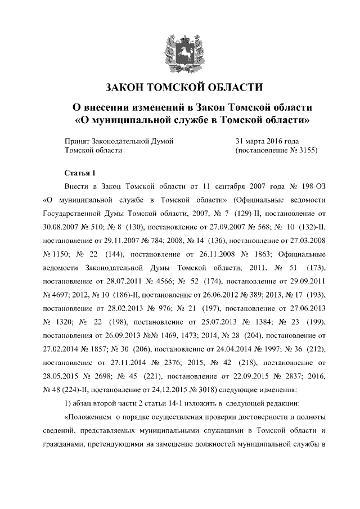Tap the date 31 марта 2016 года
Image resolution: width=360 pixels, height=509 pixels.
pyautogui.click(x=267, y=141)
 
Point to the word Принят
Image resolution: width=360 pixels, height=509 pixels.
pyautogui.click(x=78, y=141)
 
